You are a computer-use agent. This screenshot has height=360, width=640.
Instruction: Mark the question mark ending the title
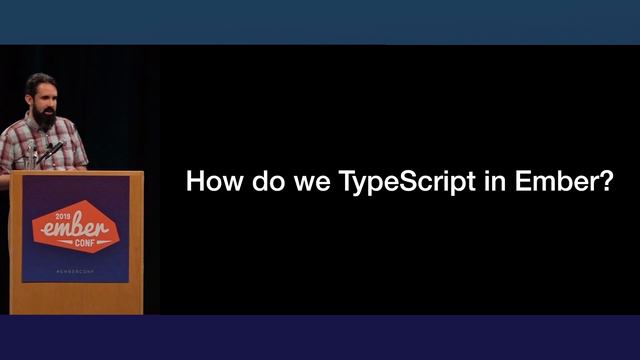tap(604, 183)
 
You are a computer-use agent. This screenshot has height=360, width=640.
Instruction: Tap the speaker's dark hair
tap(40, 80)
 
